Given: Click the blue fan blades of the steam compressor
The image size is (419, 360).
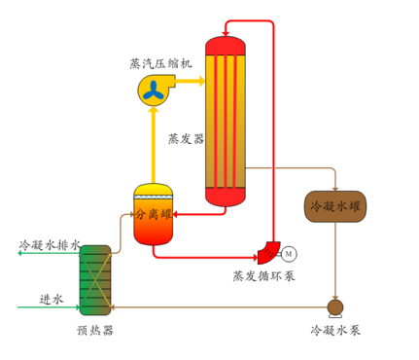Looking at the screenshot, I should point(155,90).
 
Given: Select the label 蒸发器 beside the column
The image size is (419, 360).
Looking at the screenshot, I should point(186,138).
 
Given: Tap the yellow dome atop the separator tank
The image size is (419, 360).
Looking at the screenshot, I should point(153,189).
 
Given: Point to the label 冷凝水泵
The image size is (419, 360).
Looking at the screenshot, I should point(335,331).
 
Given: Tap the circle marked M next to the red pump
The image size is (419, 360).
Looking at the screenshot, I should point(289,254).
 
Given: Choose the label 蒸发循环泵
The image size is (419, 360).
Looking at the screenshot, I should point(263,275).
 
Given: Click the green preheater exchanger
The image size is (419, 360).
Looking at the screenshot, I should point(95,280).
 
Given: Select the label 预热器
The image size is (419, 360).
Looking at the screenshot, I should point(95,330).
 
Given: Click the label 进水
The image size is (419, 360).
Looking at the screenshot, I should point(51,299).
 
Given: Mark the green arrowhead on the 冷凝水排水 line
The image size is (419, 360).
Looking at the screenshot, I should point(21,254).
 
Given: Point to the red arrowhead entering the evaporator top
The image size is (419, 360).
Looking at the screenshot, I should point(227,24).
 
